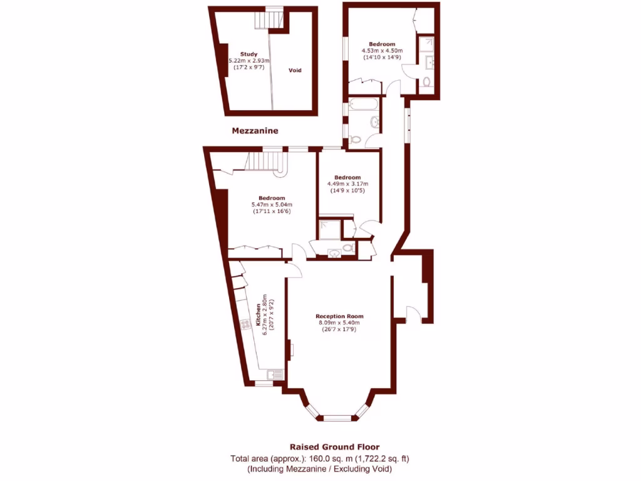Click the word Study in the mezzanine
[249, 54]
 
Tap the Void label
[295, 70]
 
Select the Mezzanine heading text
[255, 131]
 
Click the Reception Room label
[339, 316]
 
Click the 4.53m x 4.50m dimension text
[382, 51]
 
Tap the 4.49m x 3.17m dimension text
[347, 184]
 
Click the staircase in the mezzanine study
[268, 21]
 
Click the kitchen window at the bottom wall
[264, 383]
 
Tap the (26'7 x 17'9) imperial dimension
[339, 329]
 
